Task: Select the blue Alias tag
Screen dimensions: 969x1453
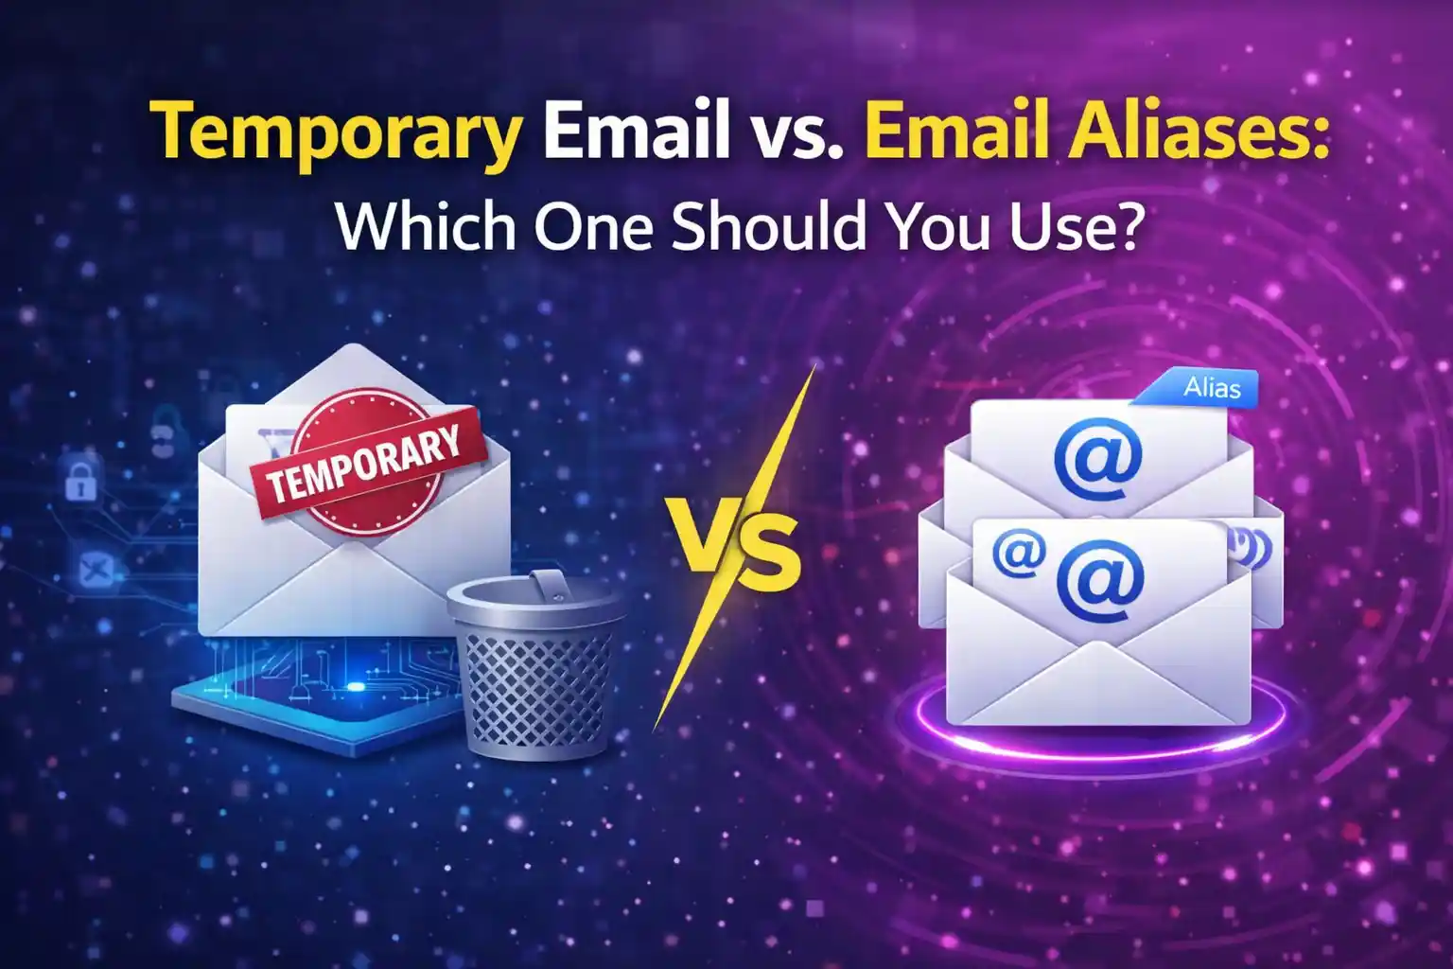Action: pyautogui.click(x=1210, y=388)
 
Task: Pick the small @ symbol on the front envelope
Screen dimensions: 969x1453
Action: pyautogui.click(x=1016, y=552)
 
